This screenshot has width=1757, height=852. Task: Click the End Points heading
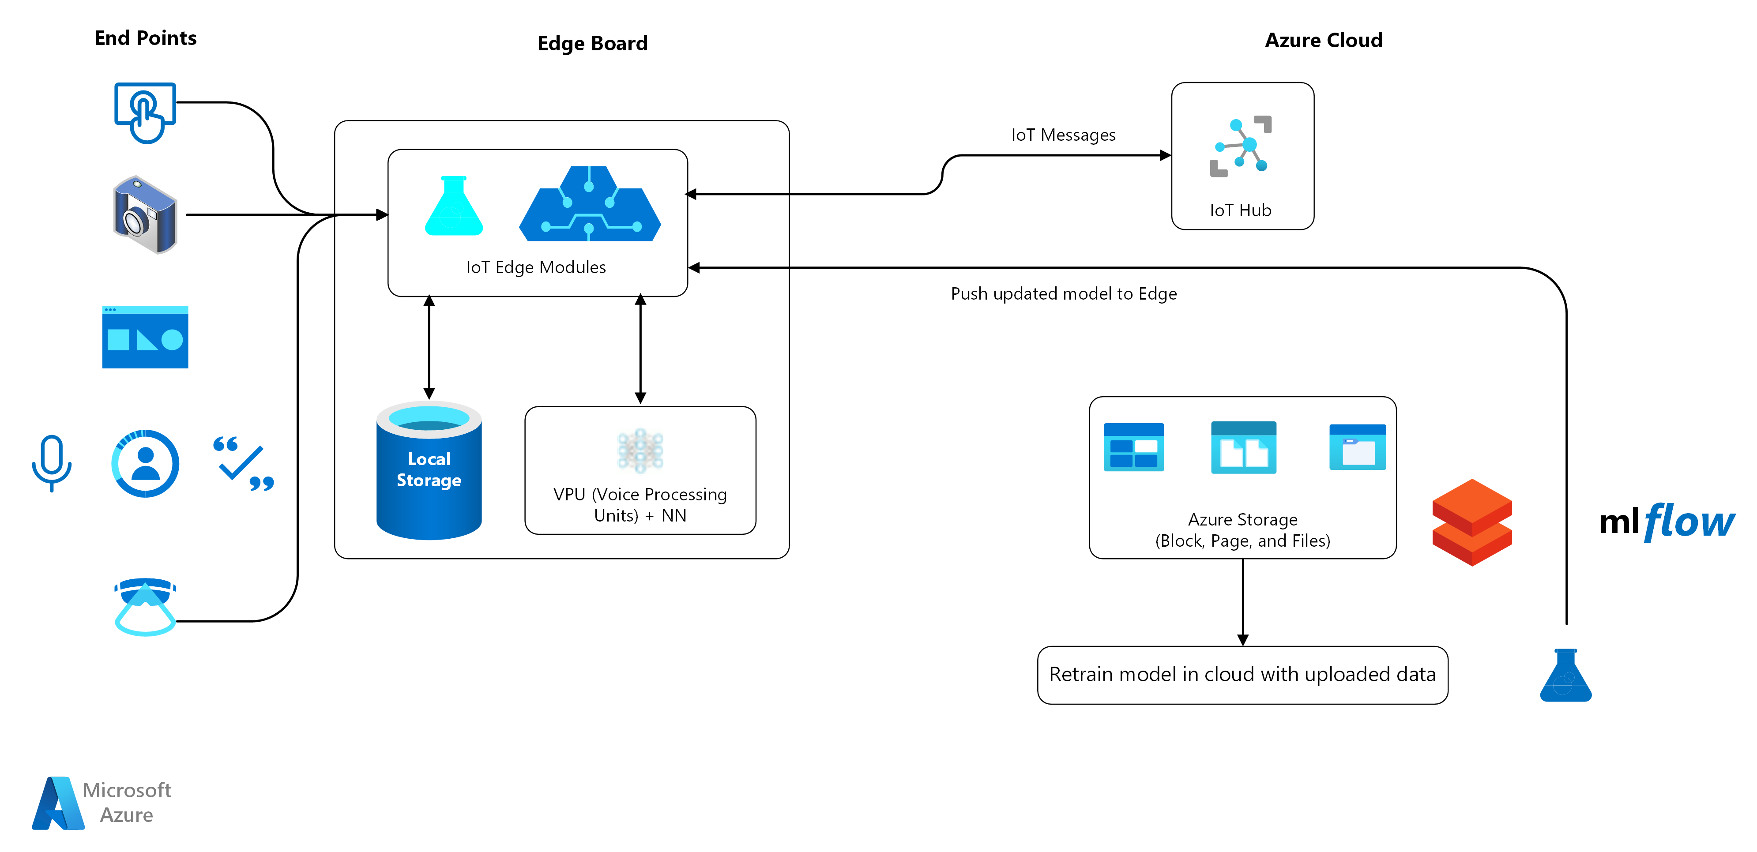coord(145,38)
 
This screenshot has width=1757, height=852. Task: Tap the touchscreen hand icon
coord(145,112)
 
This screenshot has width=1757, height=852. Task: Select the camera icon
coord(145,215)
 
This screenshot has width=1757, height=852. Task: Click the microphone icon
coord(52,462)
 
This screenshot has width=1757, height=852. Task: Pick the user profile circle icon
coord(145,463)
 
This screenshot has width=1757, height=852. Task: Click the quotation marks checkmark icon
coord(244,463)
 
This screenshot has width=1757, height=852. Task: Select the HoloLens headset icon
coord(145,606)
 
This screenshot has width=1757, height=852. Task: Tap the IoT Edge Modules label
coord(536,267)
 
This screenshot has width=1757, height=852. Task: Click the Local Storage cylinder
coord(429,471)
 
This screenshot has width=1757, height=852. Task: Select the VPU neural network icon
coord(640,450)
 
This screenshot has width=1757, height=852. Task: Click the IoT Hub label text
coord(1241,210)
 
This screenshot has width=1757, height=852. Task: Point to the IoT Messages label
coord(1063,135)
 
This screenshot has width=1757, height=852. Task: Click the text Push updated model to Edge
coord(1063,294)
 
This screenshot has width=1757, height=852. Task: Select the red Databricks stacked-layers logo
coord(1472,522)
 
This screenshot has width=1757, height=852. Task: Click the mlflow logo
coord(1666,522)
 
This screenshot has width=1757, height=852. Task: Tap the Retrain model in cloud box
coord(1242,675)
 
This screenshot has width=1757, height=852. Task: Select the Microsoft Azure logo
coord(102,803)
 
